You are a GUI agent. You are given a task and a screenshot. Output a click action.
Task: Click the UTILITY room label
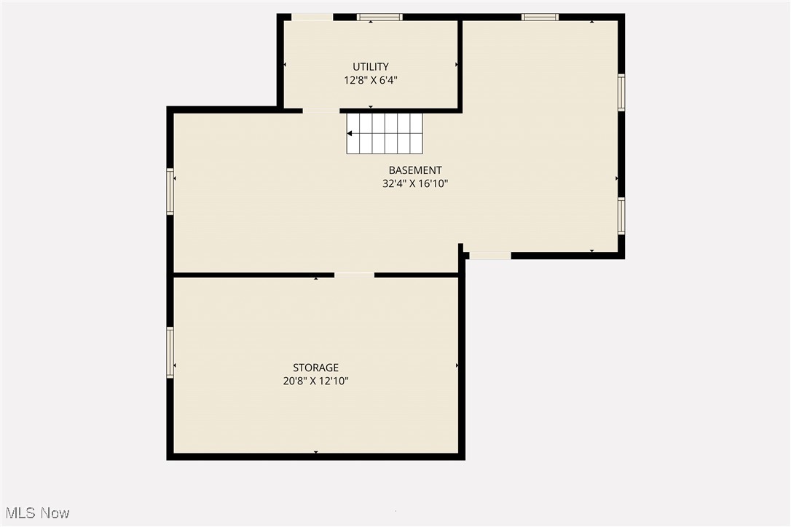(x=371, y=67)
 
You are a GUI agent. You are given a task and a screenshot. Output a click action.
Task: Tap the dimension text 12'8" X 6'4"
(x=371, y=81)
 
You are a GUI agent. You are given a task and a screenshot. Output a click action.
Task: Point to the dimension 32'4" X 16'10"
(x=414, y=184)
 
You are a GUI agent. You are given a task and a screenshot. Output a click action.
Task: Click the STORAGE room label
(x=315, y=368)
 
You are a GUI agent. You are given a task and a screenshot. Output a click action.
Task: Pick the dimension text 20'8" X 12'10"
(x=315, y=381)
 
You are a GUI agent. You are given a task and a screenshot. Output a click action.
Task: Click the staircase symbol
(x=385, y=133)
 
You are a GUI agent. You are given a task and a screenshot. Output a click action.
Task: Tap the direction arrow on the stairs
(x=351, y=133)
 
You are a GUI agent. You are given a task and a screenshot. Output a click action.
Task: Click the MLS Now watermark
(x=35, y=513)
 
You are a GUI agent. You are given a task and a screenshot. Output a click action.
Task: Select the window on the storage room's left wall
(x=170, y=352)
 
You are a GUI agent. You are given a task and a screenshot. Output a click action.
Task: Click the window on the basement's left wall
(x=170, y=191)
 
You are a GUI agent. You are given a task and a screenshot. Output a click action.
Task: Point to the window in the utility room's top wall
(x=379, y=17)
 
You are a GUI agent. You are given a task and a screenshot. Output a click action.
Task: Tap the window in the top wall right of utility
(x=540, y=17)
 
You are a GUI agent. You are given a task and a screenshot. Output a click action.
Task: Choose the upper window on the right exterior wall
(x=621, y=92)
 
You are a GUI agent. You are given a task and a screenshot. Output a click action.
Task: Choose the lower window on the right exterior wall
(x=621, y=216)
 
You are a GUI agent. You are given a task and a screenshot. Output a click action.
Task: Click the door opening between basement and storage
(x=355, y=275)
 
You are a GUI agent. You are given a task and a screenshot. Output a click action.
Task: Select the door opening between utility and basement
(x=320, y=111)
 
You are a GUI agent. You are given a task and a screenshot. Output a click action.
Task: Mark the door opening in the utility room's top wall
(x=312, y=17)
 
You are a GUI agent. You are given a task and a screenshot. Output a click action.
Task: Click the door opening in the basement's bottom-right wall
(x=489, y=255)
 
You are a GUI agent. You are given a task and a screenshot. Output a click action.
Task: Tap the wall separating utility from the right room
(x=460, y=66)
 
